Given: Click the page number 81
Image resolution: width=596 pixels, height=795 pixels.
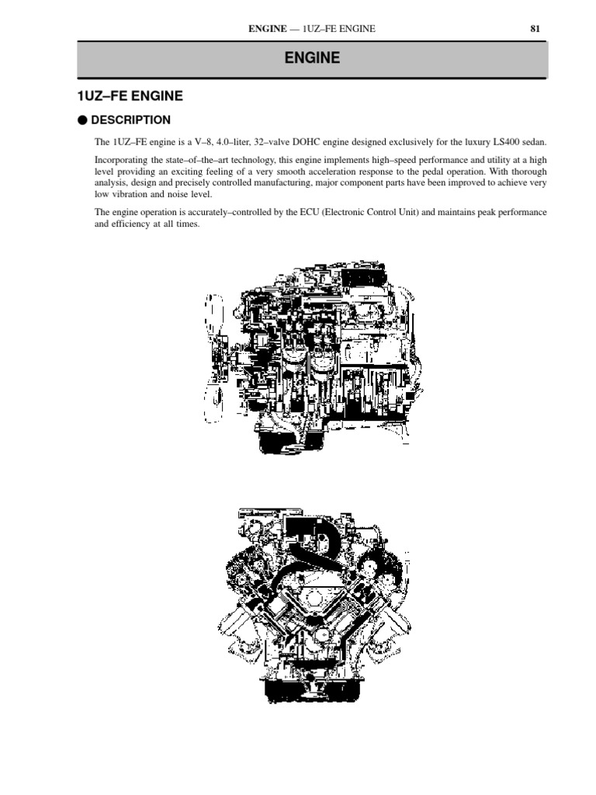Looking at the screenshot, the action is pos(535,29).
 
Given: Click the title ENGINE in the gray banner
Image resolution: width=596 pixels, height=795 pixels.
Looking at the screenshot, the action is pos(312,57).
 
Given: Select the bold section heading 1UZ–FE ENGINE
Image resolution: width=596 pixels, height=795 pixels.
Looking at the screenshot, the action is pos(130,95).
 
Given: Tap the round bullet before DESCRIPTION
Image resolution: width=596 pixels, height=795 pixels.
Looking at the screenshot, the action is pos(82,120).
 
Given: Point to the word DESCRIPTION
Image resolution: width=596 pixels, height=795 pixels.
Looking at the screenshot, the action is pos(130,120).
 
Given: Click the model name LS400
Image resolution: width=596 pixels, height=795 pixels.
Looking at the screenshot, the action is pos(506,142).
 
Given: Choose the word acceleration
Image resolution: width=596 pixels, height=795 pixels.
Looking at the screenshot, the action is pos(332,172).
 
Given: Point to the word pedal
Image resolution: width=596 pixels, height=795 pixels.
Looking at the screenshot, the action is pos(432,172).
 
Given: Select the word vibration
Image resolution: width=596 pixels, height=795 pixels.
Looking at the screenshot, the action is pos(129,194).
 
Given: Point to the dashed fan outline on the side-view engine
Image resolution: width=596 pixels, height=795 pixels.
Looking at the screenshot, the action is pos(214,358).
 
